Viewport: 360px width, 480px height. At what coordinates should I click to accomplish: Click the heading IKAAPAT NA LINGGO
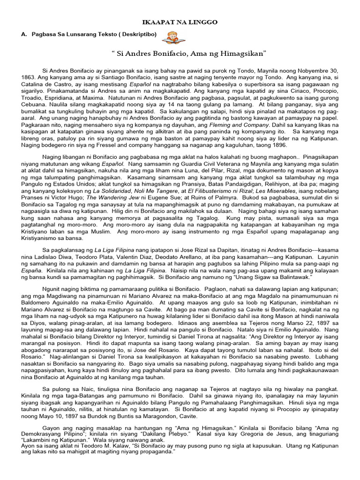(180, 22)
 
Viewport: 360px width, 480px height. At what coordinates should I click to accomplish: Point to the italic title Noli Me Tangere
(135, 191)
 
